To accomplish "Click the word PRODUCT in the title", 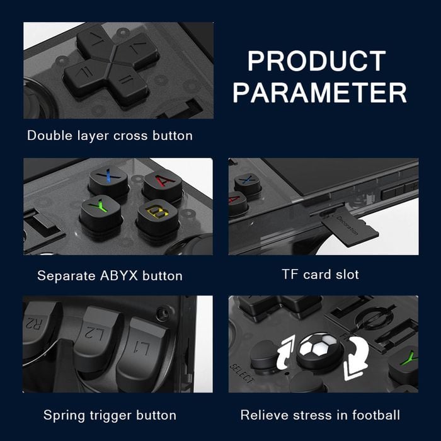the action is pos(316,60).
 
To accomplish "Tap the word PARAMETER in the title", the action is pos(320,93).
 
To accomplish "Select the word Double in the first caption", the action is pos(50,135).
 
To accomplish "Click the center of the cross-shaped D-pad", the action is pos(111,66).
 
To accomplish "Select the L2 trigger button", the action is pos(97,336).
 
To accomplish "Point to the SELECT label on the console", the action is pos(242,374).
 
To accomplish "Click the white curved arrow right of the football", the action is pos(356,358).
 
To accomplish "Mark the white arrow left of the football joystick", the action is pos(285,352).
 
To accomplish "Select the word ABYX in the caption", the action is pos(118,276).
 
